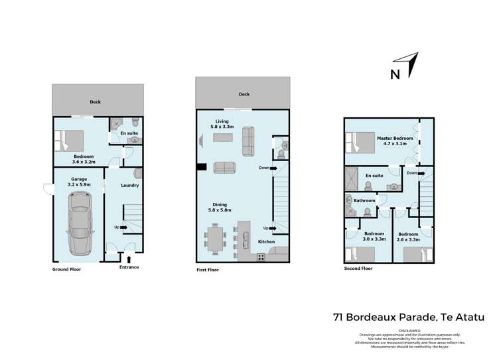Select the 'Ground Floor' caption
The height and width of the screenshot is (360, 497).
pos(66,269)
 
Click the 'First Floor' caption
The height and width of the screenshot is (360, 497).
pos(208,270)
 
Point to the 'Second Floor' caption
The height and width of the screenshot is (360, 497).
pos(358,269)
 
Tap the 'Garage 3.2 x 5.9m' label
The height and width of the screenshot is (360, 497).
pos(79,182)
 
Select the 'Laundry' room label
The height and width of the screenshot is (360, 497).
pos(129,186)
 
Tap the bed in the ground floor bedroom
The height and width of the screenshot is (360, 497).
pos(69,141)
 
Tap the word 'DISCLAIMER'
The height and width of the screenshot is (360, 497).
pos(415,329)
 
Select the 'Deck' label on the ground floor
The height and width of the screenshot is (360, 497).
pos(96,102)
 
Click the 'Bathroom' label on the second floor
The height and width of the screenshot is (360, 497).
pos(364,200)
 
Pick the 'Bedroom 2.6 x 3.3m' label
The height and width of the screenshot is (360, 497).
pos(408,237)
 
